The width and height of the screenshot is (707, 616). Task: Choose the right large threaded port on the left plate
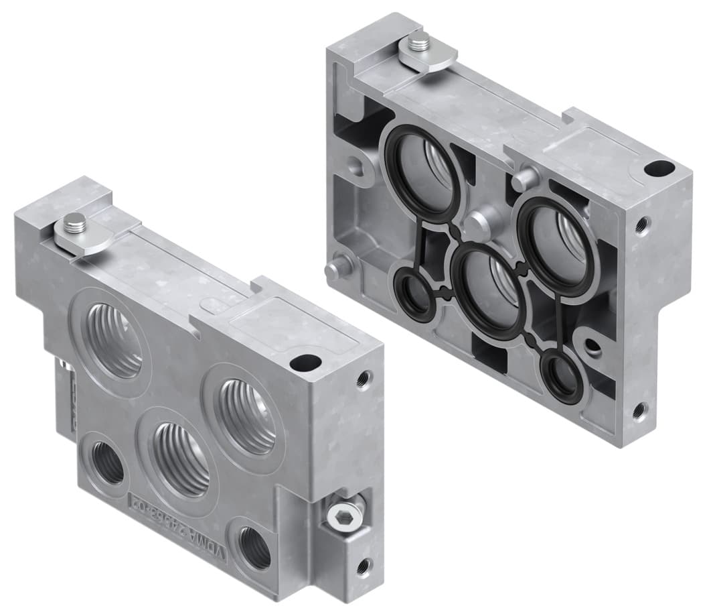[x=248, y=416]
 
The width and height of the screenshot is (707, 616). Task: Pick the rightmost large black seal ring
[x=556, y=245]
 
